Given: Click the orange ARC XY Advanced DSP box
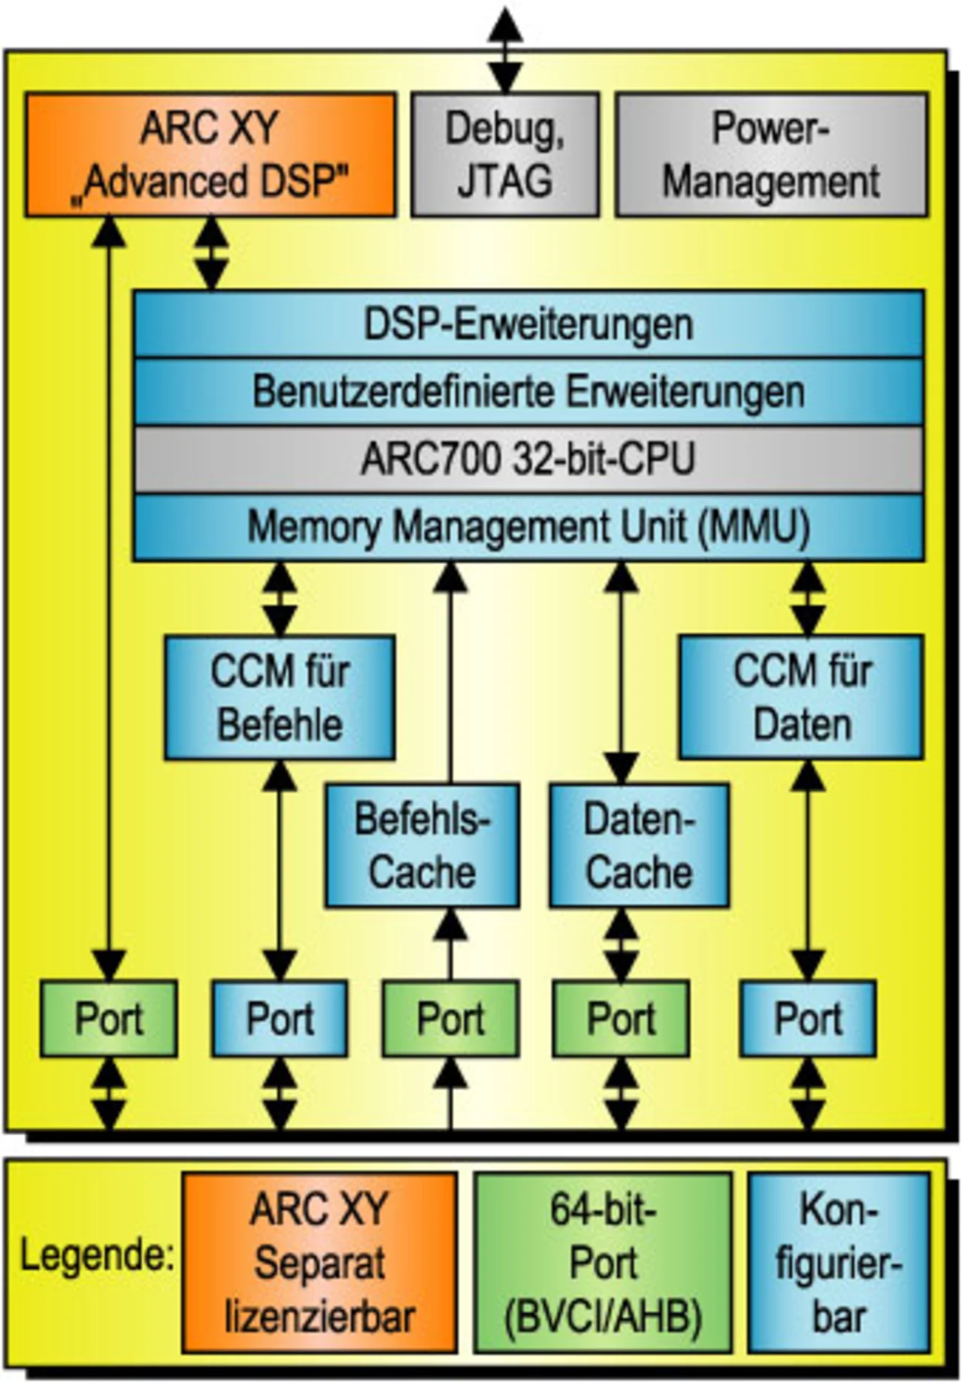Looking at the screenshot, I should [210, 155].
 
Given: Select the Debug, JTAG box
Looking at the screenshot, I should [505, 155].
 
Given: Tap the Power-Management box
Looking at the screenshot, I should [771, 155].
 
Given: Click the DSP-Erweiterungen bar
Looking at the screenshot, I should [528, 324].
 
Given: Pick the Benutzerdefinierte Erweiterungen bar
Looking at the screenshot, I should [528, 391].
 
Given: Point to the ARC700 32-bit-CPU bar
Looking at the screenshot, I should [528, 459].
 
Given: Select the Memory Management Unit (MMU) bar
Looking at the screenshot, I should [528, 527].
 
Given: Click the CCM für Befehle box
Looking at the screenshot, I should [280, 697].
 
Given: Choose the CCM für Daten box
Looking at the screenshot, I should [801, 697].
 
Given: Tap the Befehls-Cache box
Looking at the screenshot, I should [422, 845].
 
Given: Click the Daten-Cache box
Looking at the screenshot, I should [639, 845].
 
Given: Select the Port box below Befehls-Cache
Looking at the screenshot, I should [450, 1019].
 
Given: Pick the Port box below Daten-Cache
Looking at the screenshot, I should [621, 1019].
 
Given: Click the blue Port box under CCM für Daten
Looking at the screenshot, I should [808, 1019].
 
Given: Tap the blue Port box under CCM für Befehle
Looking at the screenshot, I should [280, 1019].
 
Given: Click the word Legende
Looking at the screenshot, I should [96, 1255].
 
